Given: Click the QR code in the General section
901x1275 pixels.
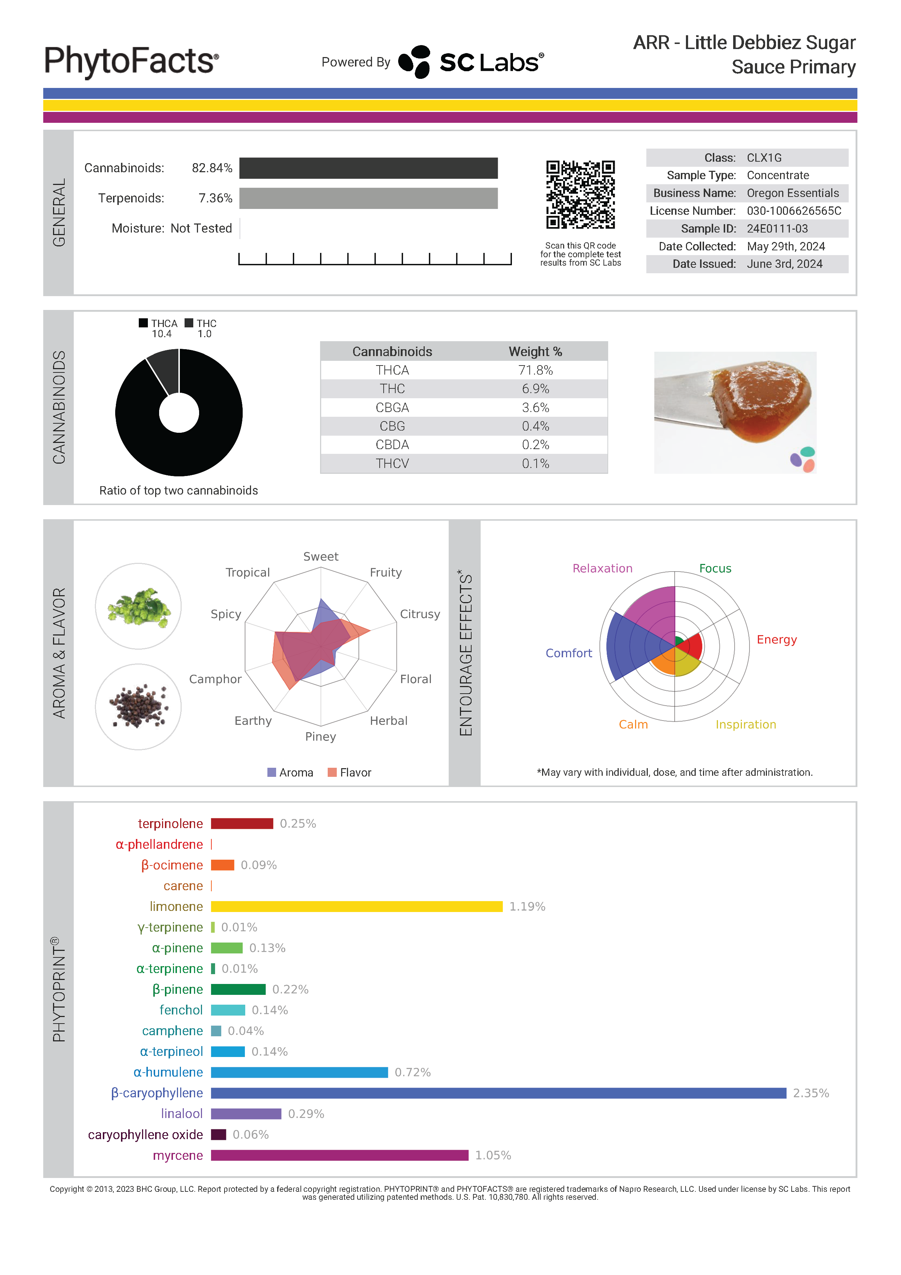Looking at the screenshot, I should pos(580,194).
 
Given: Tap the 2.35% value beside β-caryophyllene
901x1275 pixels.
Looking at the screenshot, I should pos(811,1093).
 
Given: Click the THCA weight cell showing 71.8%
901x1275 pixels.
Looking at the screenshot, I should pos(535,370).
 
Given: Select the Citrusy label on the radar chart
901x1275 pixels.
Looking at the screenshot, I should pos(420,614).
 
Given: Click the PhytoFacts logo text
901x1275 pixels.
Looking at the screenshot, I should pos(131,61).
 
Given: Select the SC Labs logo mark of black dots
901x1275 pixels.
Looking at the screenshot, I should pos(415,62).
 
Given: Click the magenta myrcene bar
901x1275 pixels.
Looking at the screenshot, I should pos(339,1155).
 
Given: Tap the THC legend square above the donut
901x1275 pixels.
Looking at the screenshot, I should pos(189,323).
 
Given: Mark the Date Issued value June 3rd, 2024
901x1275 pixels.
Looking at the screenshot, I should pos(784,264).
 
